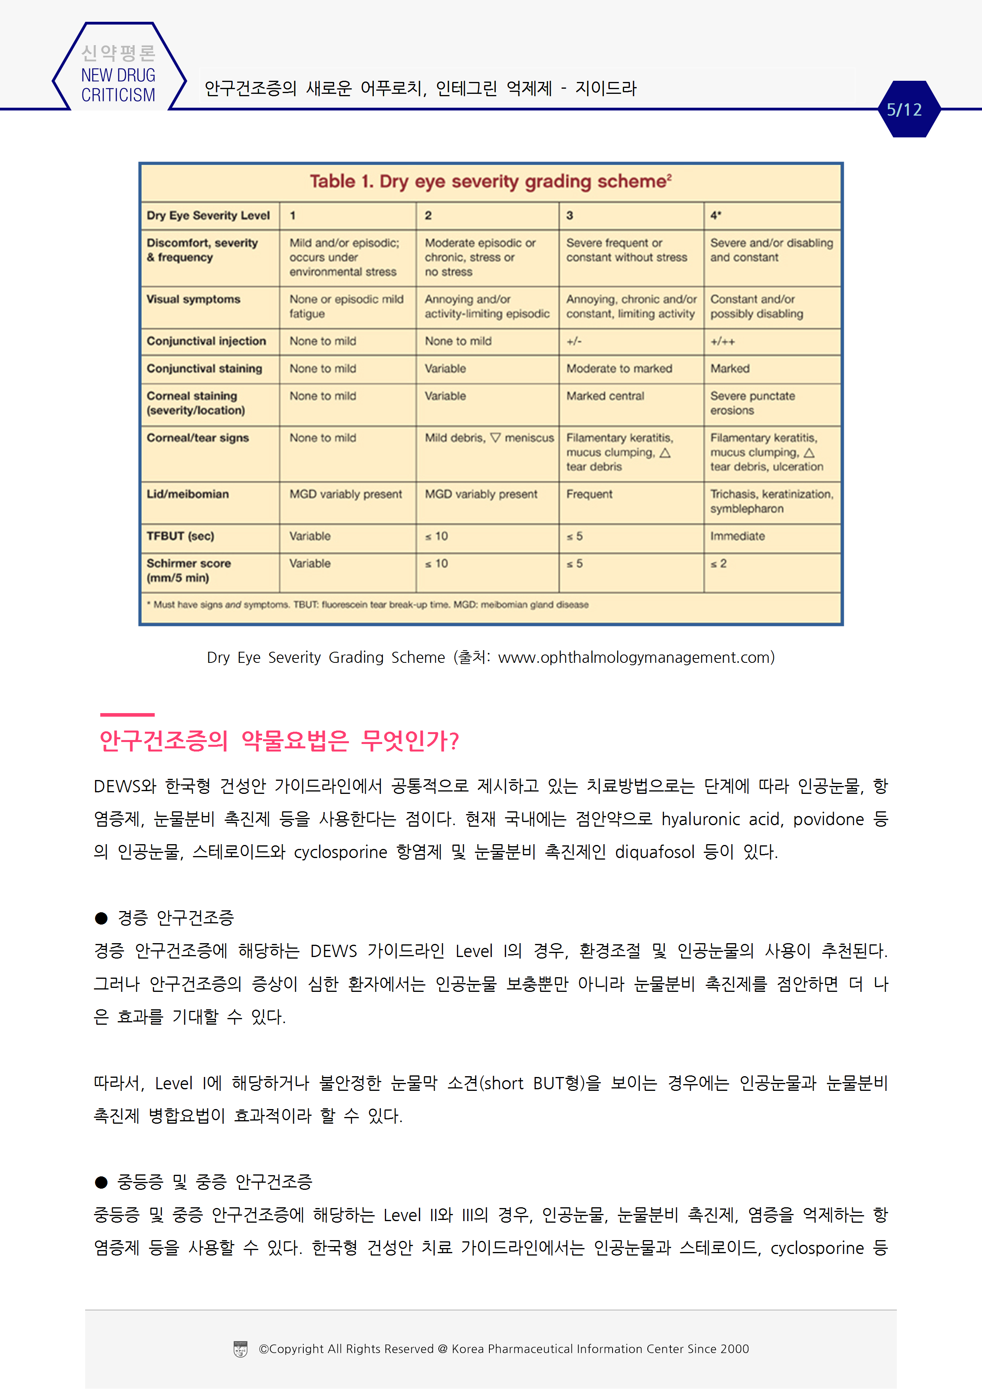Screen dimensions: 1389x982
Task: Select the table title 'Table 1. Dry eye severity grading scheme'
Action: pos(490,181)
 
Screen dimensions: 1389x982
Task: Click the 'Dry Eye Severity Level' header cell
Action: pos(208,215)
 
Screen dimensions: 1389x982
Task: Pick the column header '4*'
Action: pos(716,215)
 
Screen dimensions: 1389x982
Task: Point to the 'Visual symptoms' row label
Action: pos(194,299)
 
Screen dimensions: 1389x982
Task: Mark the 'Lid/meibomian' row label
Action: pos(188,494)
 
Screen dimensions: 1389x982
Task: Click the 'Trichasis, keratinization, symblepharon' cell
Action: pos(771,502)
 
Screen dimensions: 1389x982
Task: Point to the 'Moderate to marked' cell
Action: pos(619,368)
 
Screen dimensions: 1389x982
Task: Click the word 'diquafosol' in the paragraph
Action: pos(654,852)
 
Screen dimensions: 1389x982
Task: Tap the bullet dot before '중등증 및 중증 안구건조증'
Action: pos(101,1182)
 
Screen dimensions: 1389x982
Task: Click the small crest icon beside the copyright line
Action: pos(240,1349)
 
